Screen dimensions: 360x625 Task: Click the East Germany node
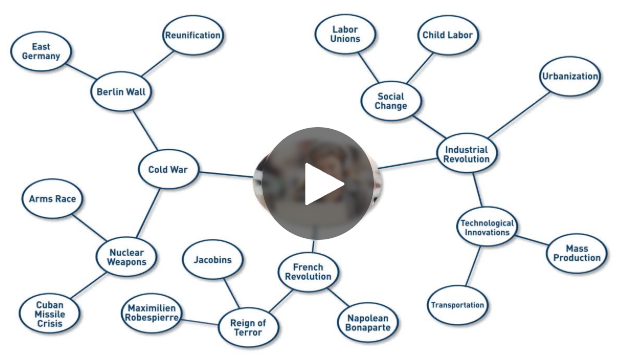[41, 52]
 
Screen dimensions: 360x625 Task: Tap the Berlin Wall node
[120, 92]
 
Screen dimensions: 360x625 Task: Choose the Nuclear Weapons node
[127, 257]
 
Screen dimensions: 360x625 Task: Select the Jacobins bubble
[212, 261]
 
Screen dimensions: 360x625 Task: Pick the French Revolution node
[308, 272]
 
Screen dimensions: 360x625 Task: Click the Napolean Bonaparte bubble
[369, 322]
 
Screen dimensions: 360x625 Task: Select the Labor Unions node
[345, 35]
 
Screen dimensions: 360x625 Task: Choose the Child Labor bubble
[446, 35]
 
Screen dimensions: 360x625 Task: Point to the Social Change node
[391, 101]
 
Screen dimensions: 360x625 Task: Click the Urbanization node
[570, 77]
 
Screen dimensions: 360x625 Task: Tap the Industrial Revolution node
[466, 153]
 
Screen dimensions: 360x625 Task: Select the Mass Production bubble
[577, 253]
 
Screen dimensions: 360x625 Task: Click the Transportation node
[457, 305]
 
